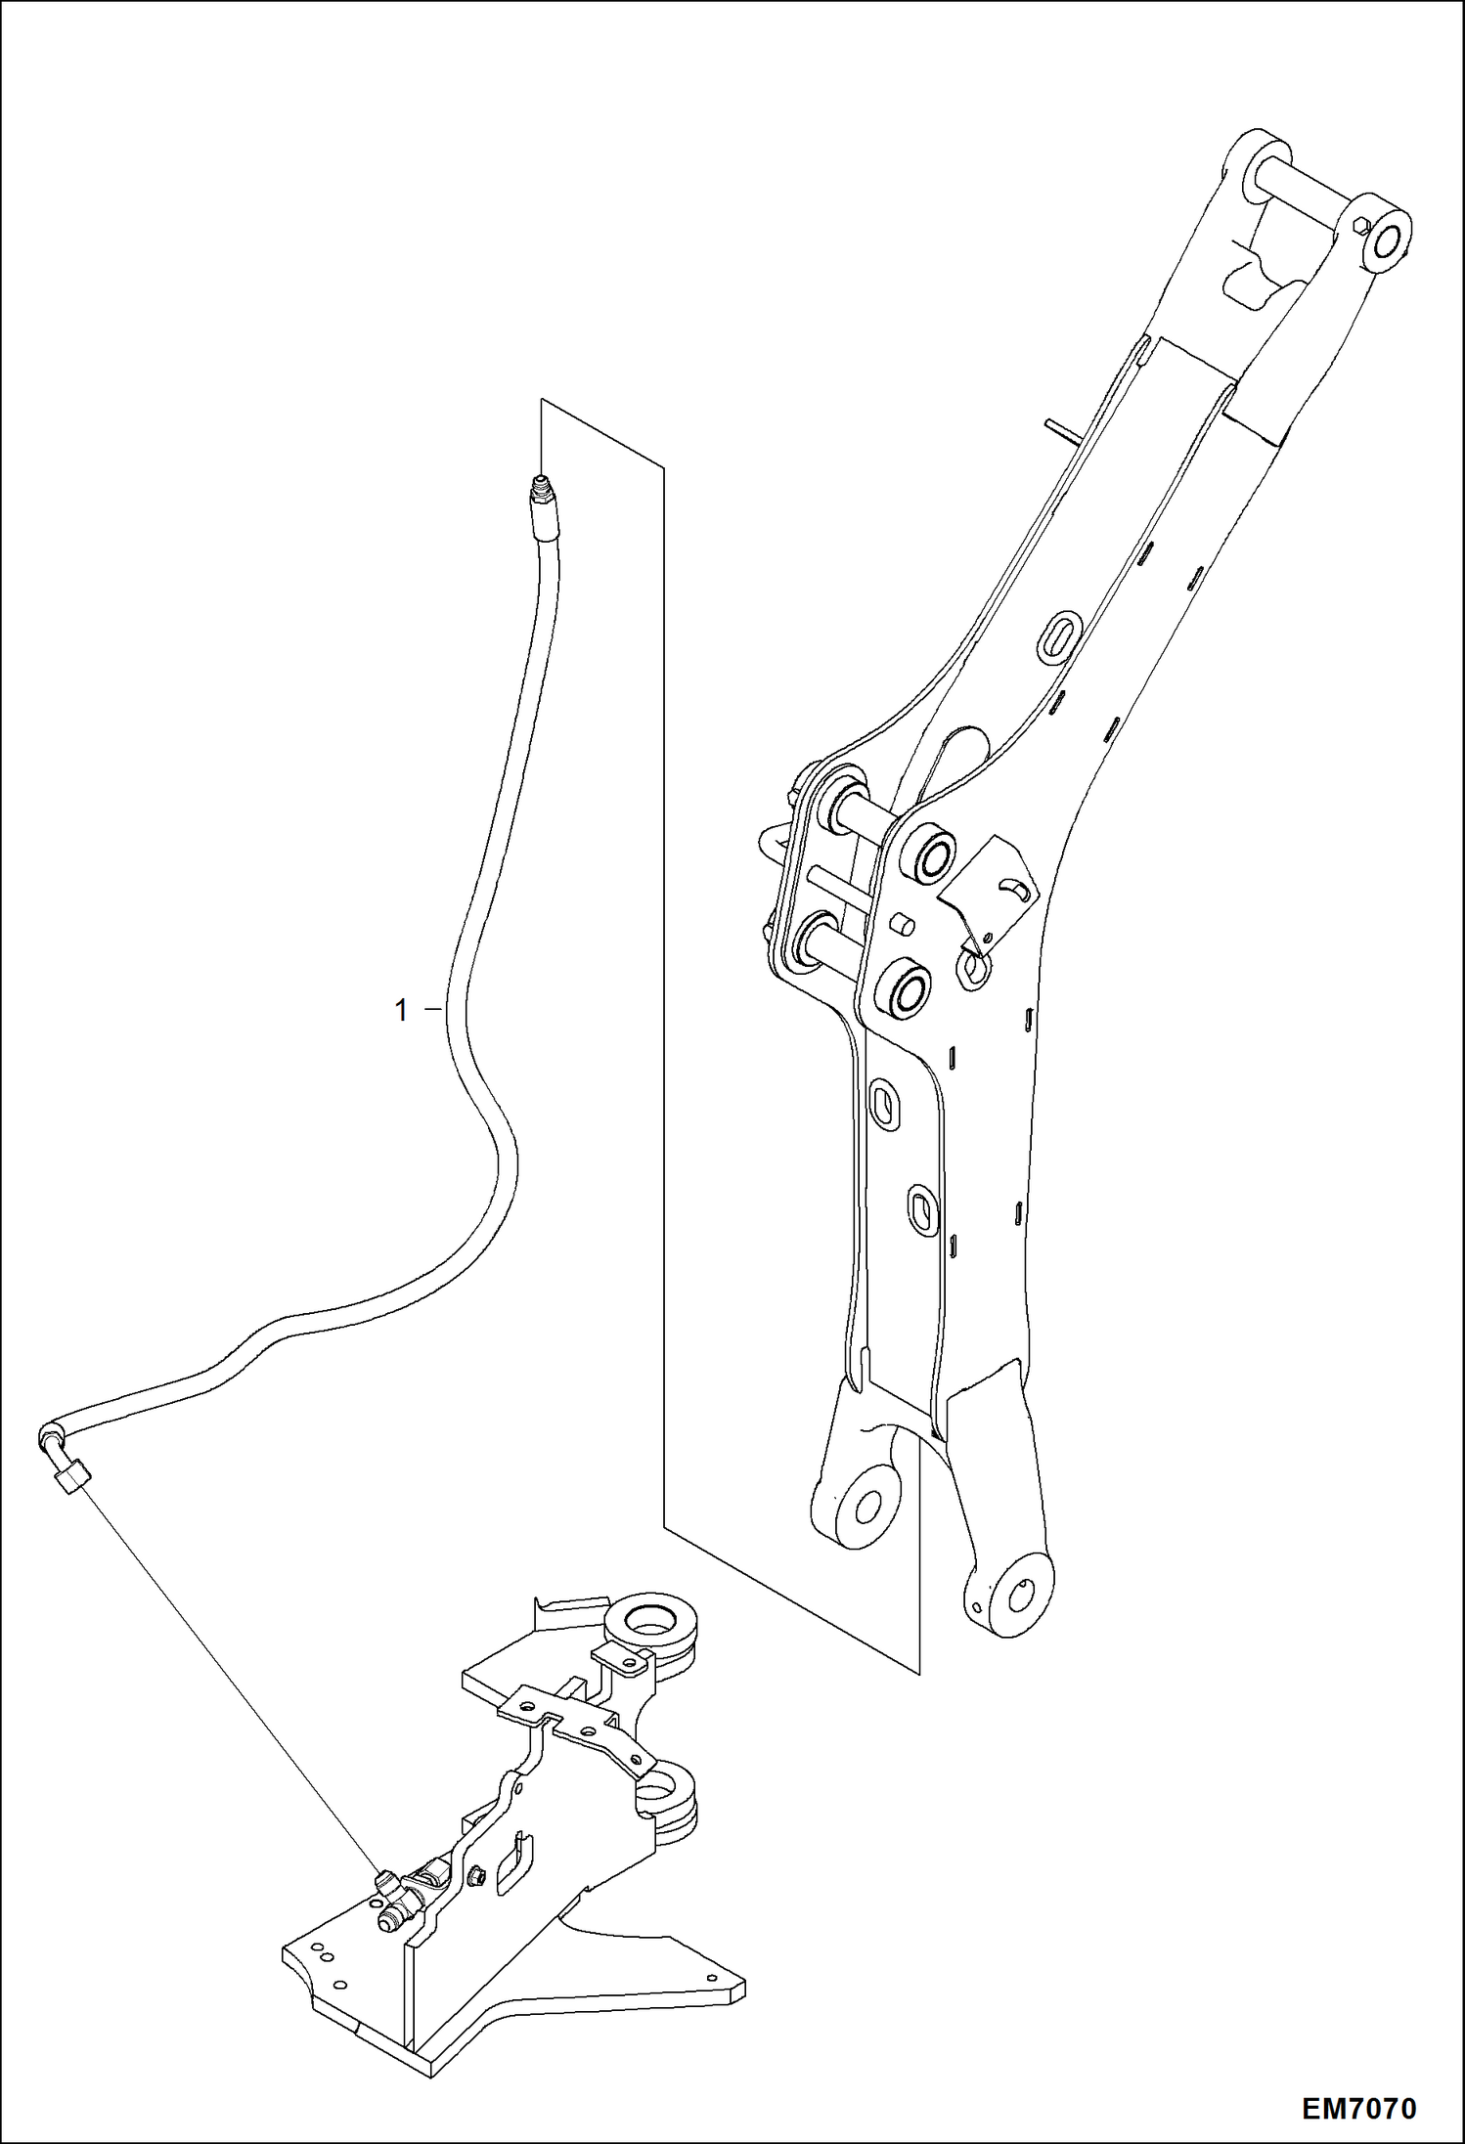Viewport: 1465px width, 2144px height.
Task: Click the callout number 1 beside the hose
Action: [400, 1010]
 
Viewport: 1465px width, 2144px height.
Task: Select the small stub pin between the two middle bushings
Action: [904, 923]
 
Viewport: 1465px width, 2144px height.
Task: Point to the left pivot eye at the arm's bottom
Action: [861, 1506]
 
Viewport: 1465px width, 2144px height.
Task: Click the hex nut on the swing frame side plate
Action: [478, 1875]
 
